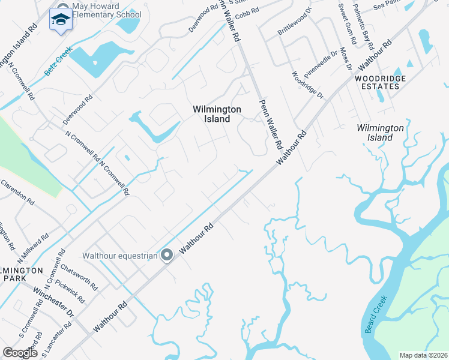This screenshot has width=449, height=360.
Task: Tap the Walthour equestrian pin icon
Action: coord(167,256)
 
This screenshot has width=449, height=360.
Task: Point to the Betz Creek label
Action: coord(58,61)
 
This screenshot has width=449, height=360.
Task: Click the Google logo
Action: coord(20,353)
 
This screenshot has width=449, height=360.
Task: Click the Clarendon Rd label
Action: coord(17,191)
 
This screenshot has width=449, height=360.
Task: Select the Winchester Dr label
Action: coord(53,303)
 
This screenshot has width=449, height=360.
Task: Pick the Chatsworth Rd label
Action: coord(79,278)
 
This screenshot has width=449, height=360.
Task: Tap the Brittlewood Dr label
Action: coord(295,28)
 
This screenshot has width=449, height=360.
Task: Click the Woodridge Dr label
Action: coord(307,86)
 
